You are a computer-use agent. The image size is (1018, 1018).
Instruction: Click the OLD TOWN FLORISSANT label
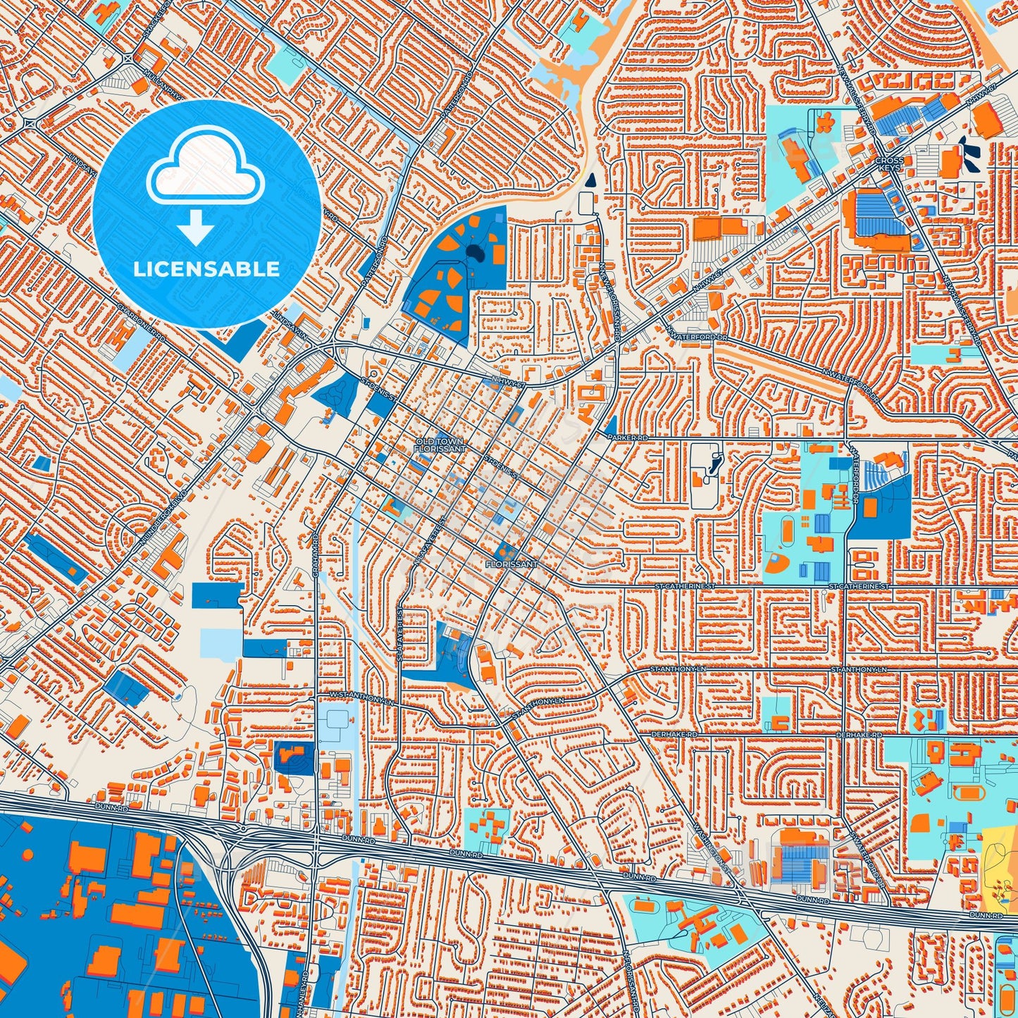pos(440,445)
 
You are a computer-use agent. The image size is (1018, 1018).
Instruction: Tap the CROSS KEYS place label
pos(888,165)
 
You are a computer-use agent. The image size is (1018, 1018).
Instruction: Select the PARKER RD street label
pos(627,437)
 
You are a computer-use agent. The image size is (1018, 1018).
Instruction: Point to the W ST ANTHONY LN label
pos(361,698)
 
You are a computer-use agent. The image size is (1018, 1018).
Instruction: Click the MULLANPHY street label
pos(162,81)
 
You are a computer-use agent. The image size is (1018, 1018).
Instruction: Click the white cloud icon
pos(205,169)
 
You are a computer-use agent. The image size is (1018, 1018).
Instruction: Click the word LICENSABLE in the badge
pos(206,269)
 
